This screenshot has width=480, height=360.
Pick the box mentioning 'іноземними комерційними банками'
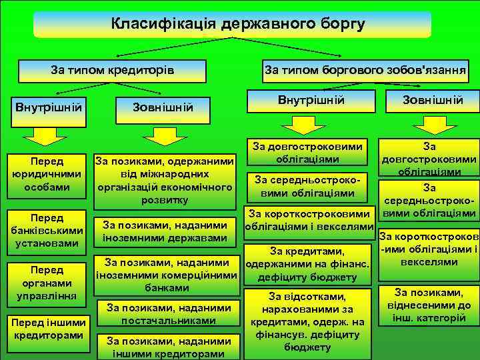click(167, 275)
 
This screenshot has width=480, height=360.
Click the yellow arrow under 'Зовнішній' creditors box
click(163, 135)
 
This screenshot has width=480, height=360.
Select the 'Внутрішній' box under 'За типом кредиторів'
click(48, 107)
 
